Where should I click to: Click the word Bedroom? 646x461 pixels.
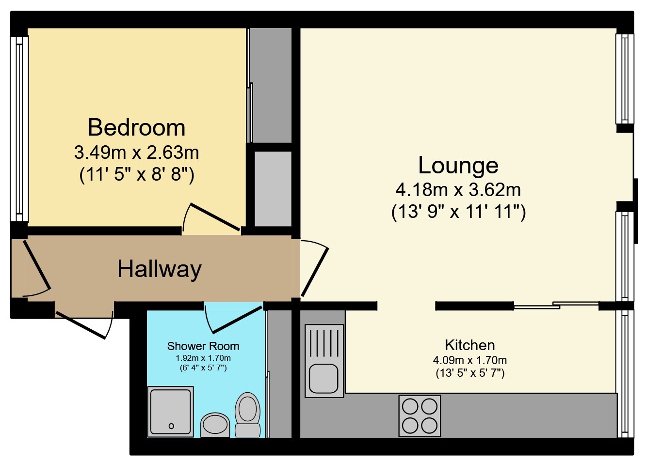tap(136, 128)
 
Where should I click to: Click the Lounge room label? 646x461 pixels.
tap(458, 165)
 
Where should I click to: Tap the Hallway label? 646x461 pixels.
tap(159, 269)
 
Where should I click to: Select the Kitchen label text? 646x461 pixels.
tap(469, 345)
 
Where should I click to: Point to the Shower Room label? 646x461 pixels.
tap(203, 346)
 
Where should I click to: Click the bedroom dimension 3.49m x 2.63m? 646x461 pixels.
tap(136, 153)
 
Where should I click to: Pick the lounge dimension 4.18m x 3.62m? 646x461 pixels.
tap(458, 189)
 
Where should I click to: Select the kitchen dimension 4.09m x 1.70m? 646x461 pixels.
tap(469, 360)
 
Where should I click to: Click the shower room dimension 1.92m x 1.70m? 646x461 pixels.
tap(203, 358)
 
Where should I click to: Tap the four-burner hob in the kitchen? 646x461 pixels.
tap(420, 415)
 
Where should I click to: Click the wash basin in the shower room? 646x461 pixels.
tap(215, 425)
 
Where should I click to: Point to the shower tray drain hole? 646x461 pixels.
tap(171, 426)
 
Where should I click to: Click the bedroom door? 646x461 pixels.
tap(214, 217)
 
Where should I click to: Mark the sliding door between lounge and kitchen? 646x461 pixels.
tap(556, 305)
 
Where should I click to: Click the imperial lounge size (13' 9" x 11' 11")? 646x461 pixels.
tap(458, 212)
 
